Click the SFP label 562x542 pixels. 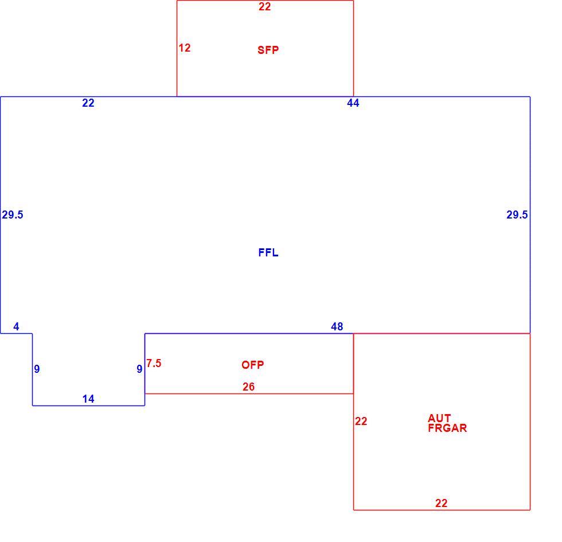(268, 50)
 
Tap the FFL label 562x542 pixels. (268, 253)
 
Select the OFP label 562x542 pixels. (253, 365)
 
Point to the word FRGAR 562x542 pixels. (447, 428)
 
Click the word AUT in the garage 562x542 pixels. (439, 418)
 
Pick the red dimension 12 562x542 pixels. (185, 48)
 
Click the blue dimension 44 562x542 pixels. (353, 103)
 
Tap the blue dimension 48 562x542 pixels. (337, 326)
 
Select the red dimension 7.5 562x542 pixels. (154, 364)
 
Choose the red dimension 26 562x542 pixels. (248, 387)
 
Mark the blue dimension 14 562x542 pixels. (88, 399)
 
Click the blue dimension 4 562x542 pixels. (16, 326)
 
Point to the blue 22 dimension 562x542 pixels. (88, 103)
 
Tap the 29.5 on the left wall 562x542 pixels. (13, 215)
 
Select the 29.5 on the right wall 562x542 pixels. (517, 215)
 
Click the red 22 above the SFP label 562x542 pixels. (264, 6)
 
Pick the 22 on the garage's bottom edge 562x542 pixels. (441, 504)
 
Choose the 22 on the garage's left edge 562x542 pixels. (361, 421)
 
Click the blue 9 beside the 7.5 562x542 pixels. (139, 369)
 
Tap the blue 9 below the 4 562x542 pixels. (37, 369)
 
